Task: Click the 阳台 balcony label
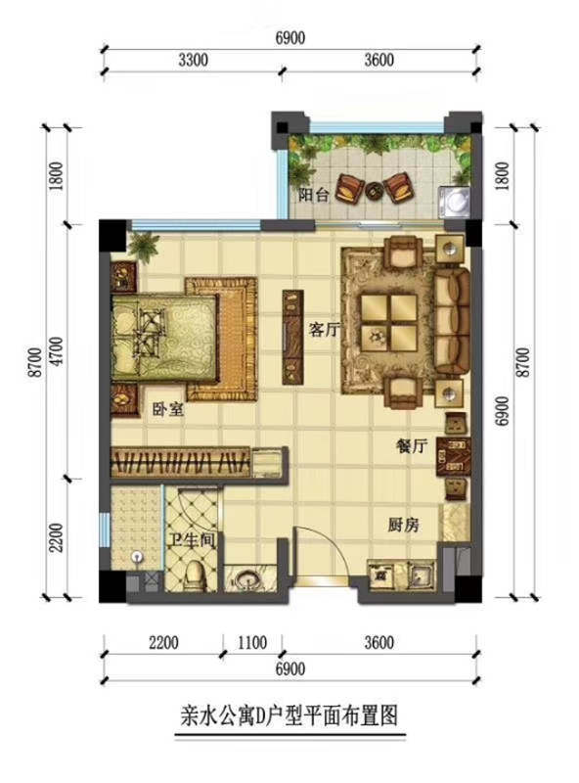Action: coord(313,195)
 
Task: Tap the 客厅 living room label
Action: coord(325,329)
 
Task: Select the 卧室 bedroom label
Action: coord(168,409)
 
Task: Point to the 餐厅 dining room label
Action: coord(413,445)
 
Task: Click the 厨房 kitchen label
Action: coord(404,525)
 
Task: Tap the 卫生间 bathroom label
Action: coord(192,540)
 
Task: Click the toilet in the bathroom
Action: coord(195,576)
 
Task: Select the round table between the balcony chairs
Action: coord(374,190)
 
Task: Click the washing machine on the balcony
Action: coord(454,202)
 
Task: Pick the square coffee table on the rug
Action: coord(389,323)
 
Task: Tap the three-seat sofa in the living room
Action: coord(452,322)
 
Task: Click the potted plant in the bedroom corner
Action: coord(143,247)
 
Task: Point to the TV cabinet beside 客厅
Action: coord(292,337)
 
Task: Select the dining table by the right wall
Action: coord(453,457)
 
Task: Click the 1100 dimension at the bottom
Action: coord(252,642)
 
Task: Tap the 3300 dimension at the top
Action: coord(194,60)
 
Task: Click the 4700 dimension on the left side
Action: coord(58,351)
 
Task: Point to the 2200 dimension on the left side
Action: coord(58,537)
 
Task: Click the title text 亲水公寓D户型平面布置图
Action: coord(289,715)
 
